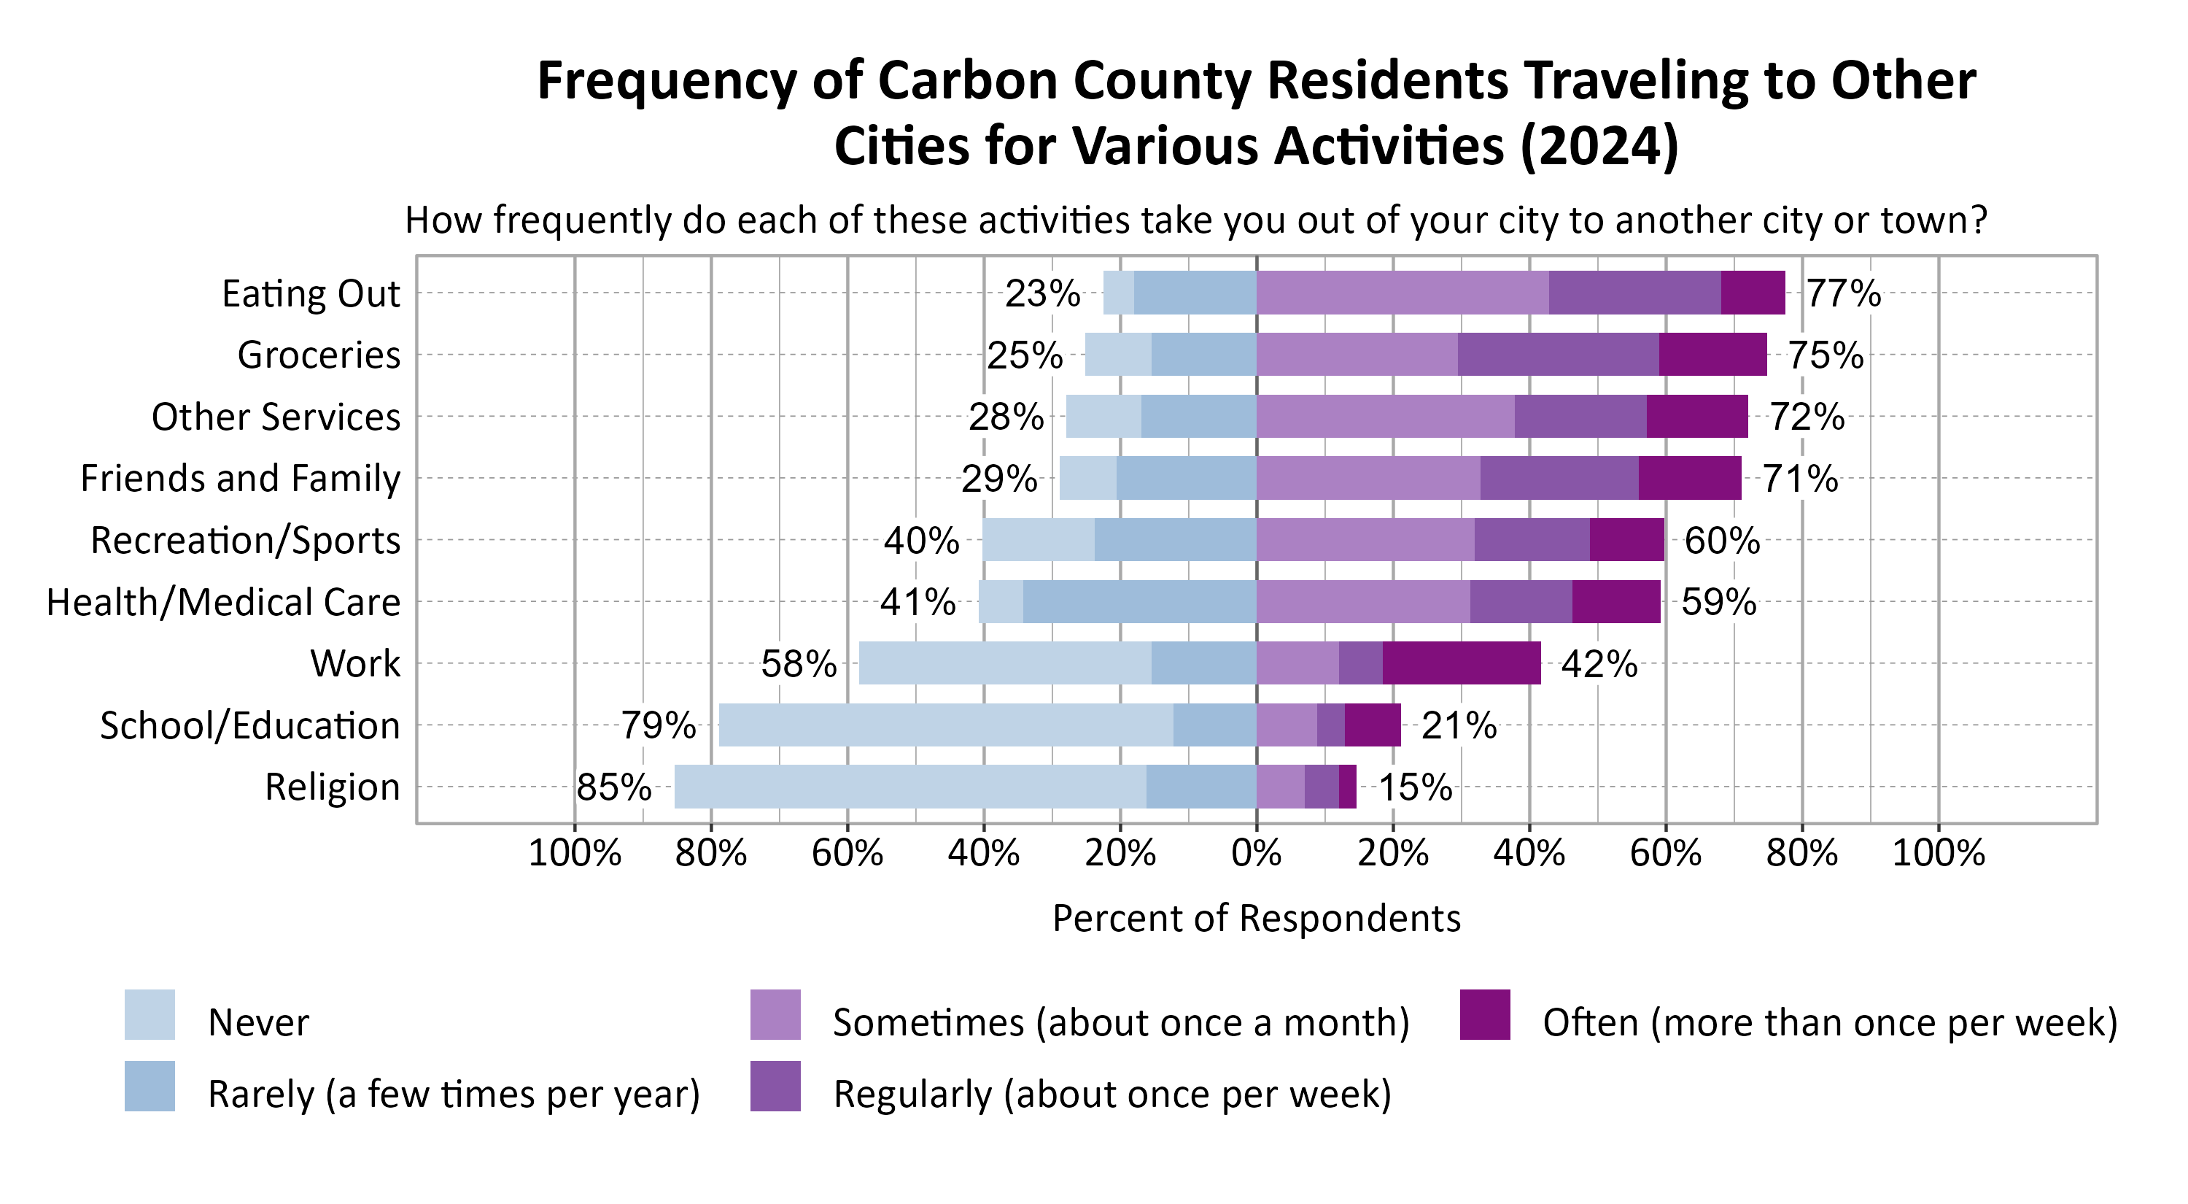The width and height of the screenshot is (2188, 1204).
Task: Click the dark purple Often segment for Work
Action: pyautogui.click(x=1461, y=663)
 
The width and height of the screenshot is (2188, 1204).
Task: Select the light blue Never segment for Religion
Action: pyautogui.click(x=909, y=786)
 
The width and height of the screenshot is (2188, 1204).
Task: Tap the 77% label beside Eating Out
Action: pyautogui.click(x=1843, y=293)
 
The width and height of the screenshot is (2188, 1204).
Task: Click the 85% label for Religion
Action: pyautogui.click(x=614, y=787)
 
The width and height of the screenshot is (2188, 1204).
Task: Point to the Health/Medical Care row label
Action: pyautogui.click(x=223, y=601)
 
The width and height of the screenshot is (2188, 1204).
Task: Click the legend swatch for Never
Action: pyautogui.click(x=150, y=1014)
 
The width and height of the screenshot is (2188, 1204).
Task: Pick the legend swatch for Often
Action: pyautogui.click(x=1485, y=1014)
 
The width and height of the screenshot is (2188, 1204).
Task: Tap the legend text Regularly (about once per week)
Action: pyautogui.click(x=1112, y=1094)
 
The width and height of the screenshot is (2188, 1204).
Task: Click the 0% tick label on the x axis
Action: pyautogui.click(x=1256, y=852)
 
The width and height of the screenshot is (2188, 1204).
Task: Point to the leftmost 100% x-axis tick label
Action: pyautogui.click(x=574, y=852)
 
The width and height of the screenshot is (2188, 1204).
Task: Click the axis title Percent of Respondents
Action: pyautogui.click(x=1256, y=919)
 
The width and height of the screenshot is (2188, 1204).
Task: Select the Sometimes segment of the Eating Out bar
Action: pyautogui.click(x=1402, y=293)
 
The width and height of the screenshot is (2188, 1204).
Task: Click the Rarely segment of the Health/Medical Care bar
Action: pyautogui.click(x=1139, y=601)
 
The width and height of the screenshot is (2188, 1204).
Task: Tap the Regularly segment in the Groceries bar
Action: pyautogui.click(x=1558, y=355)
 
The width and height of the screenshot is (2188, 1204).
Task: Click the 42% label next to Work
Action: pyautogui.click(x=1599, y=663)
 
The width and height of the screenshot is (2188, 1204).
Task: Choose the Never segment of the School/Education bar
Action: pyautogui.click(x=945, y=725)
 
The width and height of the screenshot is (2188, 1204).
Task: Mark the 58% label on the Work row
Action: pyautogui.click(x=799, y=663)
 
